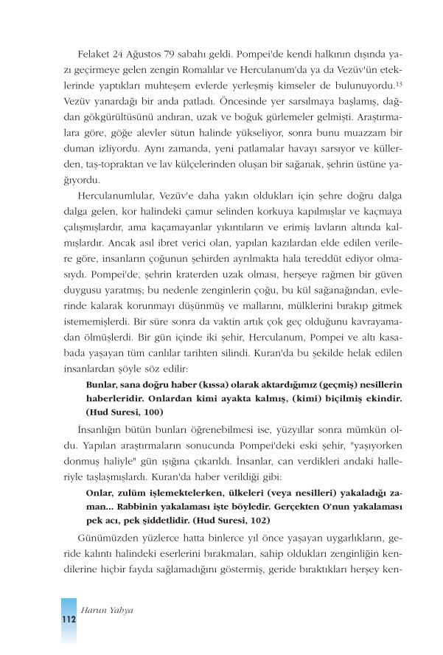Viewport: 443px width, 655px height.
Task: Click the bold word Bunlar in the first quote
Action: (101, 384)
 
